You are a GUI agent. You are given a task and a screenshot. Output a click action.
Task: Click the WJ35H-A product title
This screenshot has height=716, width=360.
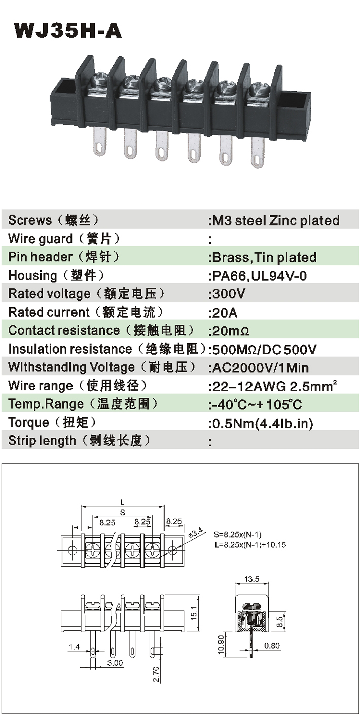tap(67, 31)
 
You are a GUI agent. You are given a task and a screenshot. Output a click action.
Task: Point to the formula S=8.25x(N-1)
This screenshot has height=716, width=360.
tap(237, 534)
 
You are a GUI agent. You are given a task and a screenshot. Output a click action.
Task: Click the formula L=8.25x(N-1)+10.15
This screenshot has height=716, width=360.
tap(250, 545)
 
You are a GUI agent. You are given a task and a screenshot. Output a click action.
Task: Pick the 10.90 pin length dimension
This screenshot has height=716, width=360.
tap(221, 645)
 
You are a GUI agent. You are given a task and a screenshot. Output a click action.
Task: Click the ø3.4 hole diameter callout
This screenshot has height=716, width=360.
tap(196, 533)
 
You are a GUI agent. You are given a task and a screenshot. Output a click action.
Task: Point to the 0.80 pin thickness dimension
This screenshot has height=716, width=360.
tap(272, 646)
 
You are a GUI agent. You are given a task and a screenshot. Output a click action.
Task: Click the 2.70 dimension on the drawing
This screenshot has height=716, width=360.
tap(156, 674)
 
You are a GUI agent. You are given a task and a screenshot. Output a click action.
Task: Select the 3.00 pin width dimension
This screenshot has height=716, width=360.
tap(115, 663)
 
